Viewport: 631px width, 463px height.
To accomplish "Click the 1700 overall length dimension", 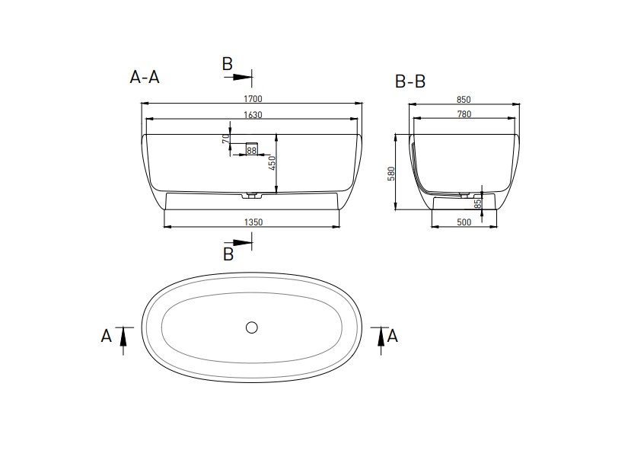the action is point(253,99).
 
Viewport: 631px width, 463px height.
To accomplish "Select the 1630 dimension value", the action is point(253,115).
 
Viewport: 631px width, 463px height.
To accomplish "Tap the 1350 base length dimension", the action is point(253,222).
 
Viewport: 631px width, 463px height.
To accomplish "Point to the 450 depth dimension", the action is point(272,163).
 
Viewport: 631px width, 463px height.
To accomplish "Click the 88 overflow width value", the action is point(251,151).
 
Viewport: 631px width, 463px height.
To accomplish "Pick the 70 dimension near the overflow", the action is point(226,139).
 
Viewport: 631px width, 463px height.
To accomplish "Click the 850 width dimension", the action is point(464,100).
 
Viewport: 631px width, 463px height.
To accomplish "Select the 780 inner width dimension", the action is point(464,114).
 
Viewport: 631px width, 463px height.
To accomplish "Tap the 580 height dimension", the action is point(391,174).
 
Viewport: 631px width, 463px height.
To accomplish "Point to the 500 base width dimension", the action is point(464,222).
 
